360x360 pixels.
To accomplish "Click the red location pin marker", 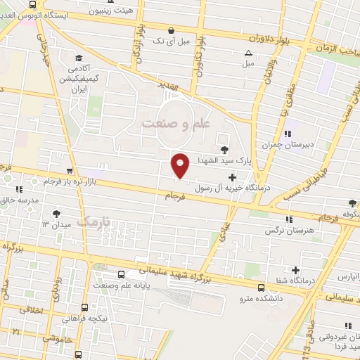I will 180,165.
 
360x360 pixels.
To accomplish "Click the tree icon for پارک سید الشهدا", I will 224,149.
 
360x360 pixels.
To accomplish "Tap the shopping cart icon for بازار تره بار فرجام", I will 69,171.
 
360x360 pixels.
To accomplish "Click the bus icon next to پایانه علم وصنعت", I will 122,275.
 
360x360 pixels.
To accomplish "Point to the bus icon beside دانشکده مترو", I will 262,288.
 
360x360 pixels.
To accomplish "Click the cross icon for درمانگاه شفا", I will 295,270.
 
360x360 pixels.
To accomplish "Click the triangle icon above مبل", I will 247,53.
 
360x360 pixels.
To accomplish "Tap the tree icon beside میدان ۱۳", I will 56,214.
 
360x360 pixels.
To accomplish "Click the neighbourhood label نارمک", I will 96,223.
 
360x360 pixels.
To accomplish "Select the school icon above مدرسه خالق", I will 19,189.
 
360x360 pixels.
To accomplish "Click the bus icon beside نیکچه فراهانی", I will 84,307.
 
